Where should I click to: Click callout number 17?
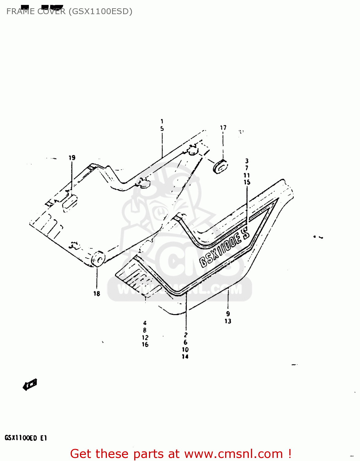point(223,128)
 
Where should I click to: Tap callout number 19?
point(72,158)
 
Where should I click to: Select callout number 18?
point(97,294)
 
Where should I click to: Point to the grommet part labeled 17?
point(220,167)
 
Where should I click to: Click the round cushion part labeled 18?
point(98,259)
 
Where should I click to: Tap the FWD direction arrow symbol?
point(30,384)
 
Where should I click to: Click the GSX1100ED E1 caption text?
point(25,438)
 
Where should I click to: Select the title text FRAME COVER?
point(36,11)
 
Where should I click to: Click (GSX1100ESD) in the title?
point(100,11)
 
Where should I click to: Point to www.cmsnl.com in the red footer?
point(233,454)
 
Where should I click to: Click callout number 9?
point(228,314)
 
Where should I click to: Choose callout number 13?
point(228,321)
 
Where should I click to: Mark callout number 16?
point(145,345)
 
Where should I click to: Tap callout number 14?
point(185,357)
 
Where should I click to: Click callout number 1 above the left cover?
point(162,121)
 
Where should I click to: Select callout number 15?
point(247,182)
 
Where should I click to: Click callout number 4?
point(145,323)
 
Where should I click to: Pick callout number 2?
point(186,335)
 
